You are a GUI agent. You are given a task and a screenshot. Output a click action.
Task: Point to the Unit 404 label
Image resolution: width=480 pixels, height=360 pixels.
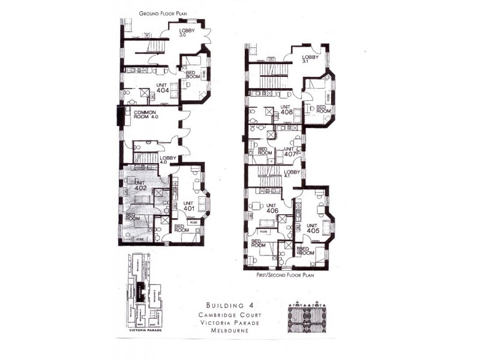(162, 89)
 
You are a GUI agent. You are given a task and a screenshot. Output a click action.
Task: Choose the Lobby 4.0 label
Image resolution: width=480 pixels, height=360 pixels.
(167, 160)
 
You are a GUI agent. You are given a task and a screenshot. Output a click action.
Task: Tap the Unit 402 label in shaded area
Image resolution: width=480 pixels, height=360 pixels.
(141, 185)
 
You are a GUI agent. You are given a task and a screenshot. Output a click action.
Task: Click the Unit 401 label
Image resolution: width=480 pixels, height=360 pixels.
(190, 206)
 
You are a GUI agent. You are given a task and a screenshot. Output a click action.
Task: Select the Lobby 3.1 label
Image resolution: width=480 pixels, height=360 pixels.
(309, 59)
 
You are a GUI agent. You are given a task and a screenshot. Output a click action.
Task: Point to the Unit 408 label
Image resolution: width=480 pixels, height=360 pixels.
(286, 110)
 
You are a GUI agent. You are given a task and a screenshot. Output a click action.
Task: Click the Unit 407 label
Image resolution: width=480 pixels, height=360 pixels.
(290, 151)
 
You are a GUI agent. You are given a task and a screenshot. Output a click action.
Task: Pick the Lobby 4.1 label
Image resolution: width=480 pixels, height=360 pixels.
(292, 174)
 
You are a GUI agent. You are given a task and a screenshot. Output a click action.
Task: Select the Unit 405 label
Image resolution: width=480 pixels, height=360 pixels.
(312, 229)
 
